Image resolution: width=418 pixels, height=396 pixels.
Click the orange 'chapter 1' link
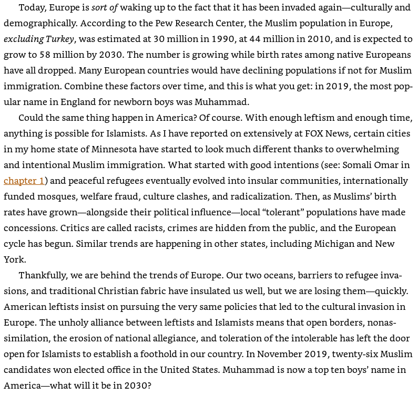(24, 181)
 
